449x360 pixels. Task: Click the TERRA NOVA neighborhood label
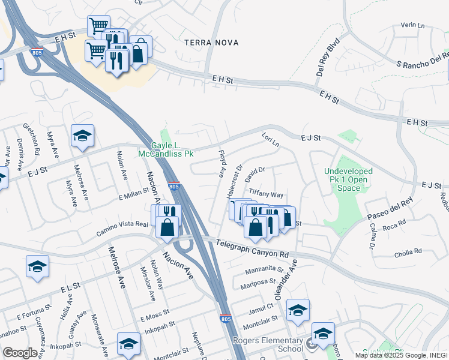click(x=211, y=43)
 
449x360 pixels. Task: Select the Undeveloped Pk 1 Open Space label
click(x=348, y=179)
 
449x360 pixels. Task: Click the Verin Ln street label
click(x=412, y=26)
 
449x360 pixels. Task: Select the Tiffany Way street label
click(x=265, y=194)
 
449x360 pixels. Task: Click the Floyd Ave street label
click(x=221, y=163)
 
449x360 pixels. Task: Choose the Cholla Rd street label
click(x=409, y=251)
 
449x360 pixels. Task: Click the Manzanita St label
click(x=264, y=268)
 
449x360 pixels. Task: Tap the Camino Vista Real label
click(x=122, y=224)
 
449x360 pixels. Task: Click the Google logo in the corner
click(x=20, y=352)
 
